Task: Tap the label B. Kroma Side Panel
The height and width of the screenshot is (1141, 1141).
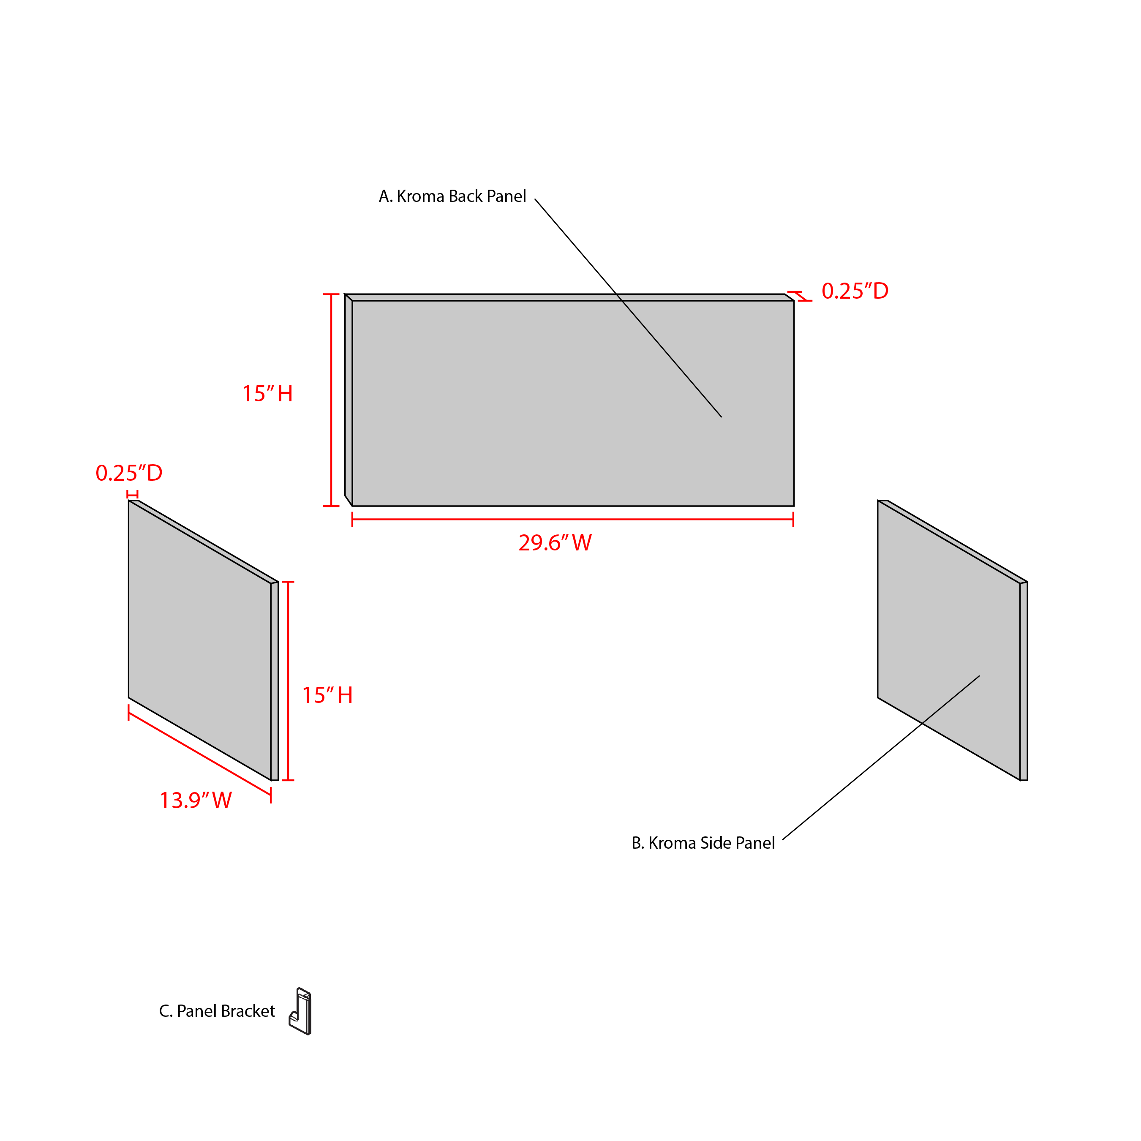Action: (x=703, y=843)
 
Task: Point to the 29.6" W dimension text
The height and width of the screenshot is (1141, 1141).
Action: (x=555, y=543)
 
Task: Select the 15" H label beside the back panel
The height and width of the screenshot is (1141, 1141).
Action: (x=267, y=394)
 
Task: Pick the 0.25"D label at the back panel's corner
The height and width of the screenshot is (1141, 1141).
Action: (x=855, y=291)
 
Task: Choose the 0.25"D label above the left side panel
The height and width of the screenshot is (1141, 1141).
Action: (x=129, y=473)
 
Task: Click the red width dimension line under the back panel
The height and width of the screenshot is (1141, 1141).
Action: (x=573, y=520)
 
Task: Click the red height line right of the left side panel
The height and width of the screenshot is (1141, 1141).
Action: (x=288, y=681)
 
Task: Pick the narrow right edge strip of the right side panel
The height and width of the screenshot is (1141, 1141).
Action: (x=1024, y=681)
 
